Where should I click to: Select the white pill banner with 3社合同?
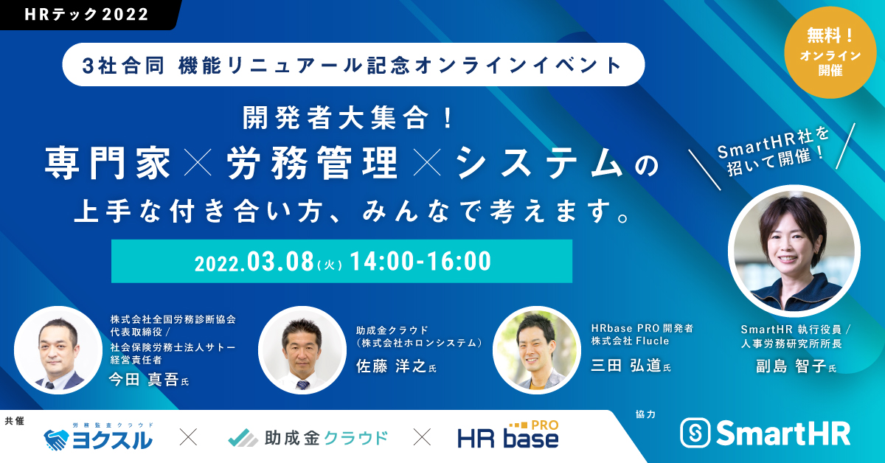[x=353, y=65]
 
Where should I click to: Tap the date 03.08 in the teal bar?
[x=281, y=261]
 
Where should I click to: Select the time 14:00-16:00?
[x=420, y=261]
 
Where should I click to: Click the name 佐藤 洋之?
[x=390, y=366]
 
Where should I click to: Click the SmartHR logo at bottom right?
[x=765, y=433]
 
